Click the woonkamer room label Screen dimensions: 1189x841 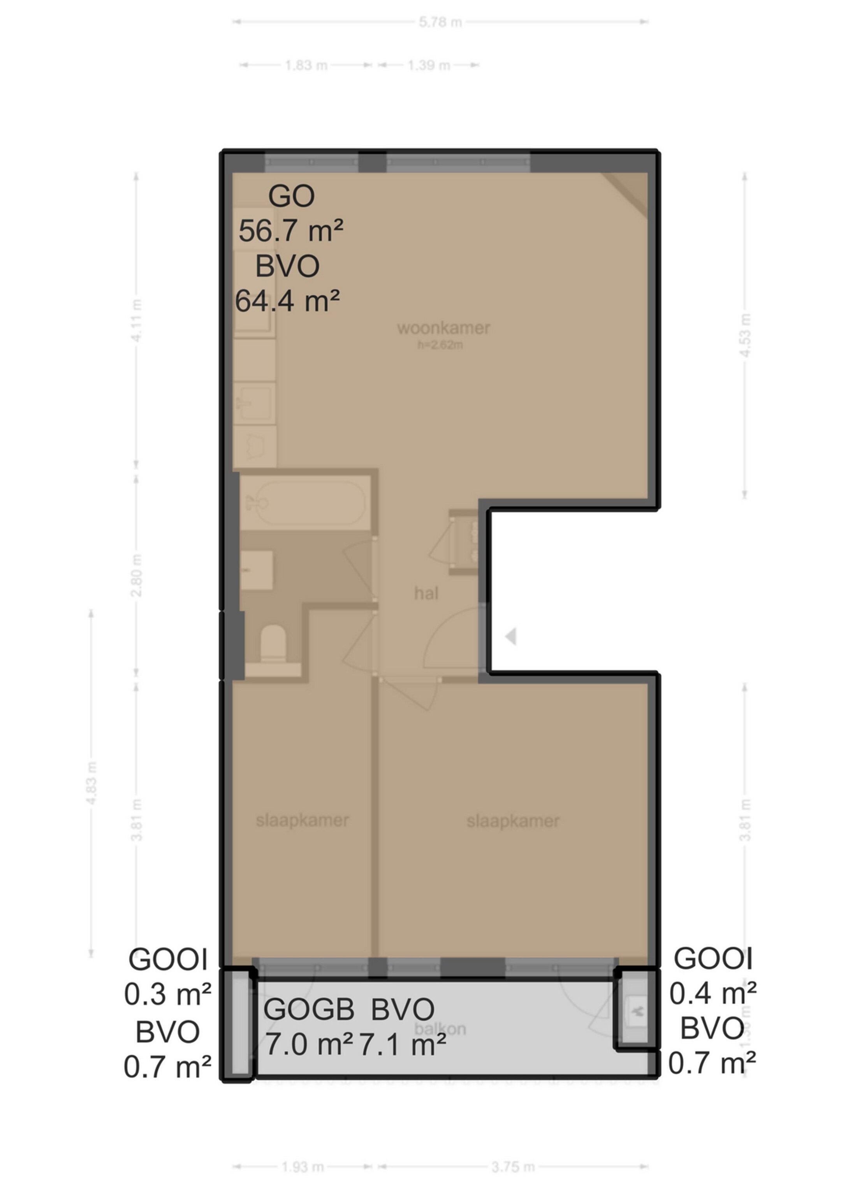[443, 328]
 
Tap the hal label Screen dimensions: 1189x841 [426, 593]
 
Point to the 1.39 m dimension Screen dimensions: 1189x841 [428, 65]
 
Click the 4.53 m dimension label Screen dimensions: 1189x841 [745, 335]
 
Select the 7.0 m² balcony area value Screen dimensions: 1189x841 [309, 1044]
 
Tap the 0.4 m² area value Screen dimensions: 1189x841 [713, 993]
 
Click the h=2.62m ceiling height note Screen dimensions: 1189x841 [440, 345]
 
